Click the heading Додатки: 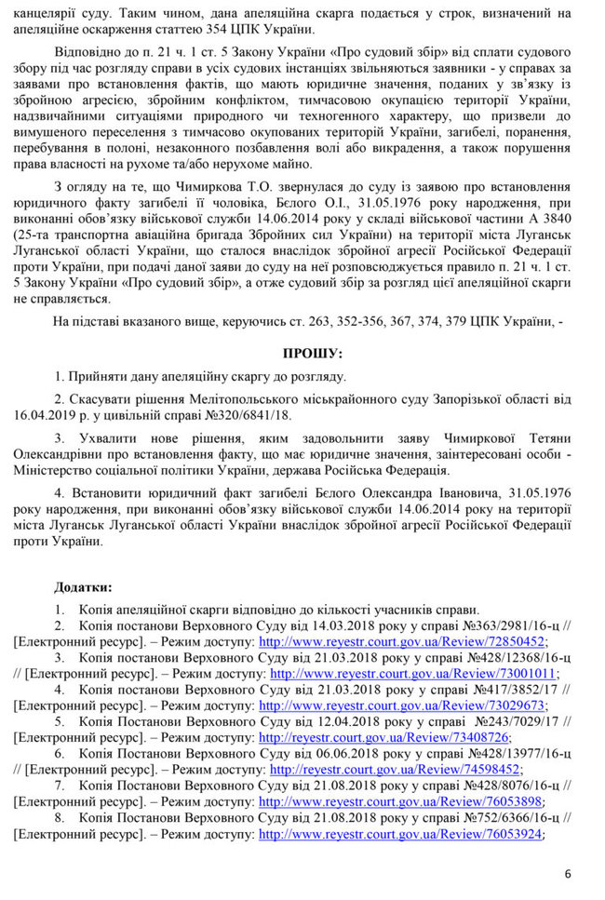tap(84, 587)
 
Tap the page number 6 tap(568, 873)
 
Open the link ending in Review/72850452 tap(402, 641)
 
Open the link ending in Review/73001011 tap(413, 673)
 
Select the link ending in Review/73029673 tap(402, 705)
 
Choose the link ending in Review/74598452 tap(395, 770)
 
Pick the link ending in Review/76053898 tap(402, 801)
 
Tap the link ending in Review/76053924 tap(401, 834)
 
